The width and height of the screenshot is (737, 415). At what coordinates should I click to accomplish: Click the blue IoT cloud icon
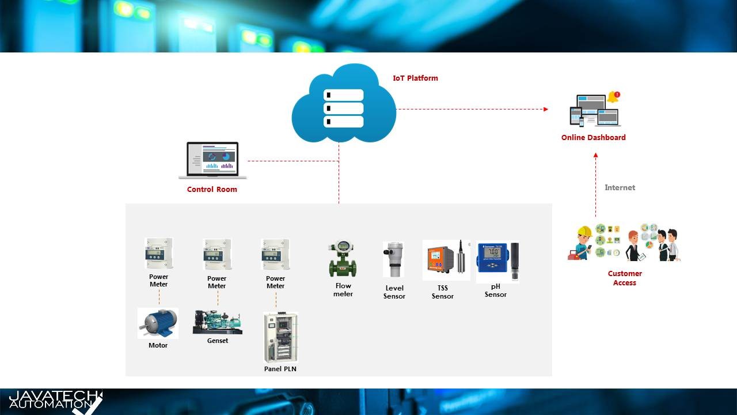(344, 104)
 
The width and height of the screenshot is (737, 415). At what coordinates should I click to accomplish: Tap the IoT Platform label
(415, 78)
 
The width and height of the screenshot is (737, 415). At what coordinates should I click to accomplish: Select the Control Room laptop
(212, 160)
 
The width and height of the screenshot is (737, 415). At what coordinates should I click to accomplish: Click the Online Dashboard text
(593, 137)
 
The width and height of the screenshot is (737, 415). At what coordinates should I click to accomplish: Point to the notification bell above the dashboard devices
(613, 97)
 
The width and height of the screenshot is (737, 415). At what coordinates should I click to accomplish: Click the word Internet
(620, 187)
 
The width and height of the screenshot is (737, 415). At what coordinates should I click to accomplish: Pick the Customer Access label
(625, 278)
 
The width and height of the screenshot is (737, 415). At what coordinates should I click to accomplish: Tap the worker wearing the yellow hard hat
(583, 243)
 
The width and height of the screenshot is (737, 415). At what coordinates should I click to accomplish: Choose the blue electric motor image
(158, 323)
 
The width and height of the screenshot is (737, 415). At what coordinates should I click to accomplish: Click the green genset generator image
(217, 322)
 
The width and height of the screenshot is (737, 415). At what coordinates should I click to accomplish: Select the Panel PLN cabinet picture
(280, 337)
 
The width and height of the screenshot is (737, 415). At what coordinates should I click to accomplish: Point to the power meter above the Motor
(158, 254)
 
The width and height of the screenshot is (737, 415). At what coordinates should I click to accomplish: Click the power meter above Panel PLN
(275, 254)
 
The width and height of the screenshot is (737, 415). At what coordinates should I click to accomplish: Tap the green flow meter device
(343, 260)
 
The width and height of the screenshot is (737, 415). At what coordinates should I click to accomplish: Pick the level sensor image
(394, 260)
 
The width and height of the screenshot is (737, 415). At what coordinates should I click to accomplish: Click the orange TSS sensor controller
(439, 260)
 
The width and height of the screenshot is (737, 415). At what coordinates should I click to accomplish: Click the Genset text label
(218, 341)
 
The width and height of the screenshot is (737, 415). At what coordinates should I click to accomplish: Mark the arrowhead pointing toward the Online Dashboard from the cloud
(545, 109)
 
